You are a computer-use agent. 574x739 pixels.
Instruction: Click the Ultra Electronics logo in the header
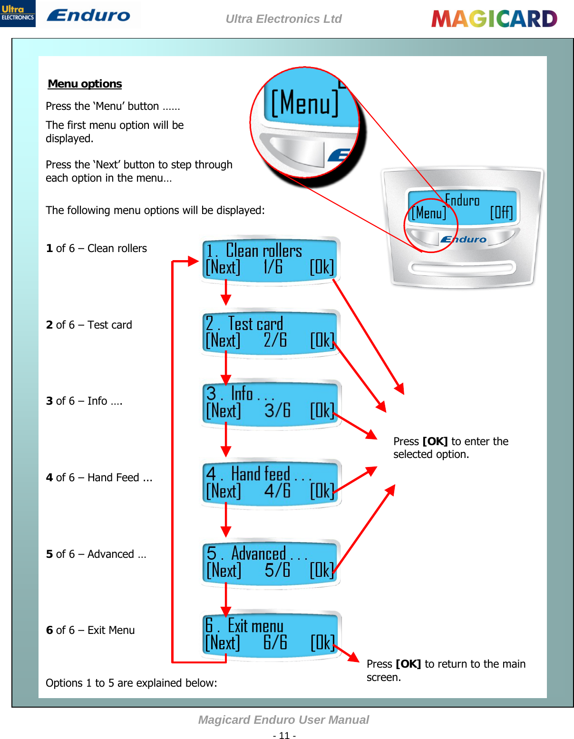(x=18, y=13)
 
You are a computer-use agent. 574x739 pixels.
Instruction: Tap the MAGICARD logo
(x=494, y=19)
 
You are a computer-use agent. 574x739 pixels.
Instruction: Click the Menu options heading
(x=85, y=84)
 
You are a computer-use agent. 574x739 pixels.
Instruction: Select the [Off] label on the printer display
(x=501, y=212)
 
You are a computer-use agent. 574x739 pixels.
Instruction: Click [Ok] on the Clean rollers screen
(x=321, y=267)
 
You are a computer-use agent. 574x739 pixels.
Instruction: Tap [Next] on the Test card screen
(x=223, y=340)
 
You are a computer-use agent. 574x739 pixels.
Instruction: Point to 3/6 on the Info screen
(x=277, y=410)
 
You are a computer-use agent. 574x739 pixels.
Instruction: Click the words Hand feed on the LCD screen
(x=261, y=474)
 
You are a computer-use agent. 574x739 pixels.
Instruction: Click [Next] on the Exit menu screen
(x=223, y=643)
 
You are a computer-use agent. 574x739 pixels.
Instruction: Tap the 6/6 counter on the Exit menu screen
(x=275, y=642)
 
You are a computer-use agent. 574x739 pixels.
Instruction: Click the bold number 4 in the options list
(x=49, y=477)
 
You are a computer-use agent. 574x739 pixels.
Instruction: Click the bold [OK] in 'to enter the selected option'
(x=435, y=441)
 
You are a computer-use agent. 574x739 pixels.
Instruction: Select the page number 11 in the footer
(x=284, y=735)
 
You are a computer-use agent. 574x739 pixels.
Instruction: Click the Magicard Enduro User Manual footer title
(x=283, y=720)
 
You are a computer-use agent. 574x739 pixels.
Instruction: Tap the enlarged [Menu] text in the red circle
(x=305, y=103)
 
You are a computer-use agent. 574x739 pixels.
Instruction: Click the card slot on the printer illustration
(x=462, y=267)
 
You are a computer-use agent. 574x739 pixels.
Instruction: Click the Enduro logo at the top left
(x=88, y=15)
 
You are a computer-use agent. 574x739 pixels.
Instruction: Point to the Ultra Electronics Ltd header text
(x=283, y=19)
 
